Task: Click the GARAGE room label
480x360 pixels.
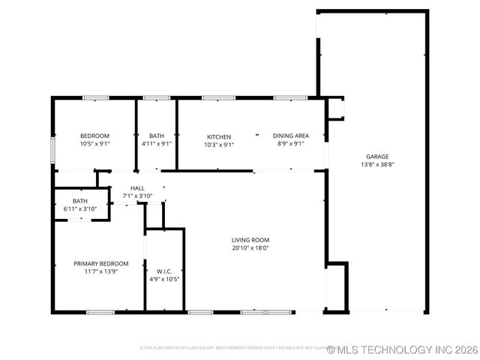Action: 376,156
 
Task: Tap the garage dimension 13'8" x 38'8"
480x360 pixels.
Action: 376,164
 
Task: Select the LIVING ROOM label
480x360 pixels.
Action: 250,239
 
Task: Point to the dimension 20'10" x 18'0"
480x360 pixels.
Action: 250,247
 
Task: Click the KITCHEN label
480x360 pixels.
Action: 219,136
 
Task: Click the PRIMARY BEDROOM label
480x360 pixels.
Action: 100,263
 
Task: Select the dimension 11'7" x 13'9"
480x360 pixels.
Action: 100,271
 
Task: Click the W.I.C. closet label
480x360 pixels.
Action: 164,271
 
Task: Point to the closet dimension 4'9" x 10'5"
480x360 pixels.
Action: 164,279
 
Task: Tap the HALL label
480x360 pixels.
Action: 137,188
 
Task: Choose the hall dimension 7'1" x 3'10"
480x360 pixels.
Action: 137,196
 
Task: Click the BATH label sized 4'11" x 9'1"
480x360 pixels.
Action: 156,136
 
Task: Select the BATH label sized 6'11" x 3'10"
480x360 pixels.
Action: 80,200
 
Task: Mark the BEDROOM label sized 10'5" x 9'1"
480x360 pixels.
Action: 95,136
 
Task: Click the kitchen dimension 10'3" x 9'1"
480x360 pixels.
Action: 219,144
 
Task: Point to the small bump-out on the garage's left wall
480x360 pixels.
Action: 335,109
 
